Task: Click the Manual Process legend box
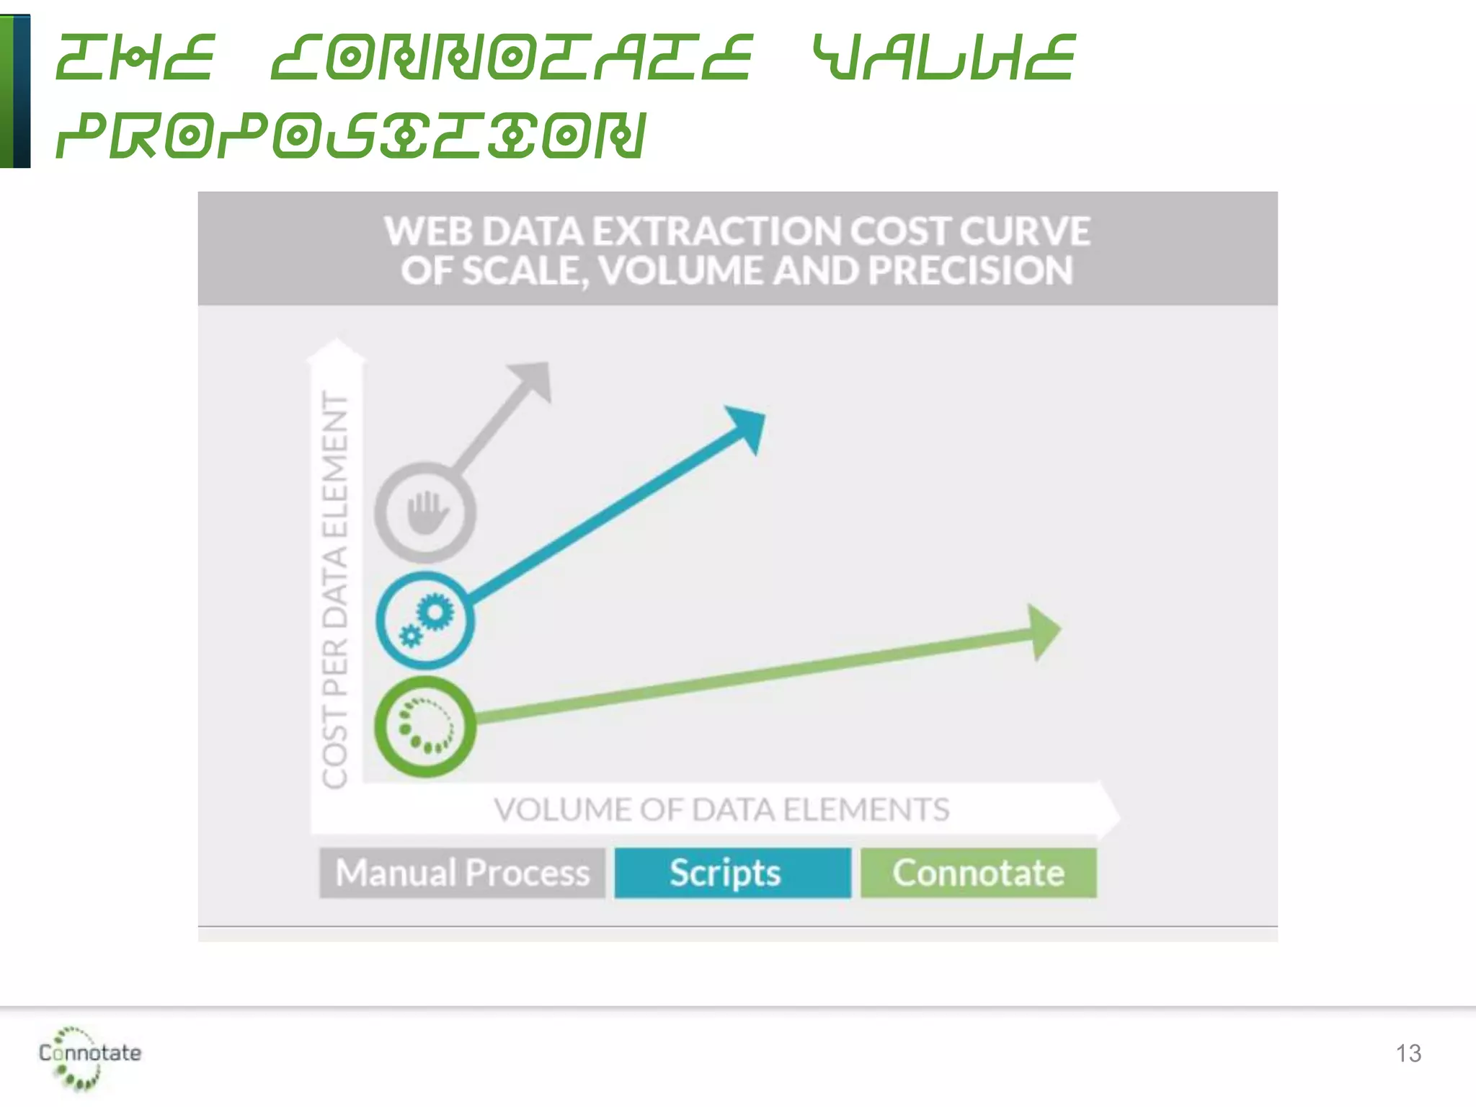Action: (462, 873)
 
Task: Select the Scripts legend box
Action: (732, 873)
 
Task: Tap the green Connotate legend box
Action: (978, 873)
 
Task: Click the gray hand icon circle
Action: (425, 512)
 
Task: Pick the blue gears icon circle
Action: (425, 620)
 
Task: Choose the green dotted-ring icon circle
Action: (425, 726)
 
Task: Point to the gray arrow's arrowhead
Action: (534, 379)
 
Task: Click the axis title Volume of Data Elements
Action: (721, 809)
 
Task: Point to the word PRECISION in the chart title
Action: (970, 271)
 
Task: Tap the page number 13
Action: (1408, 1054)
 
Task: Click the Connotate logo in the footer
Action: (89, 1057)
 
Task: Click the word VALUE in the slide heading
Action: (944, 58)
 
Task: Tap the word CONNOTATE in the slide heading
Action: (512, 58)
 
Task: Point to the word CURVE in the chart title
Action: (1024, 232)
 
